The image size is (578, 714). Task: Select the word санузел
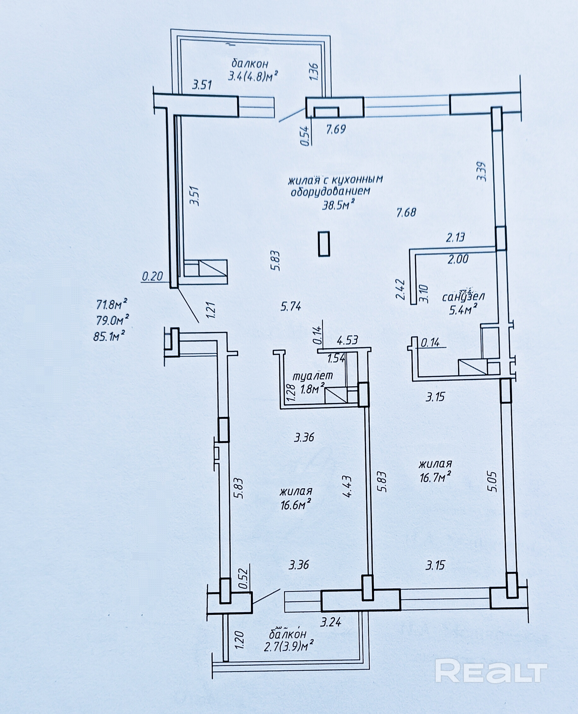463,296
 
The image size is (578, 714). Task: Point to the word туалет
313,376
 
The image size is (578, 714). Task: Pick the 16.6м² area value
296,505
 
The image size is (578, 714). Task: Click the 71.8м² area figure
112,304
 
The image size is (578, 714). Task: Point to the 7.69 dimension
336,129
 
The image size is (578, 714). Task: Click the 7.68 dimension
406,212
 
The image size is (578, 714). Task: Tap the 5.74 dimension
291,306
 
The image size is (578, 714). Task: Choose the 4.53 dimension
347,340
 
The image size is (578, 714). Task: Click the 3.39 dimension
482,171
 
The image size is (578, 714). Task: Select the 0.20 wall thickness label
152,276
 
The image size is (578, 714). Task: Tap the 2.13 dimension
456,238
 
